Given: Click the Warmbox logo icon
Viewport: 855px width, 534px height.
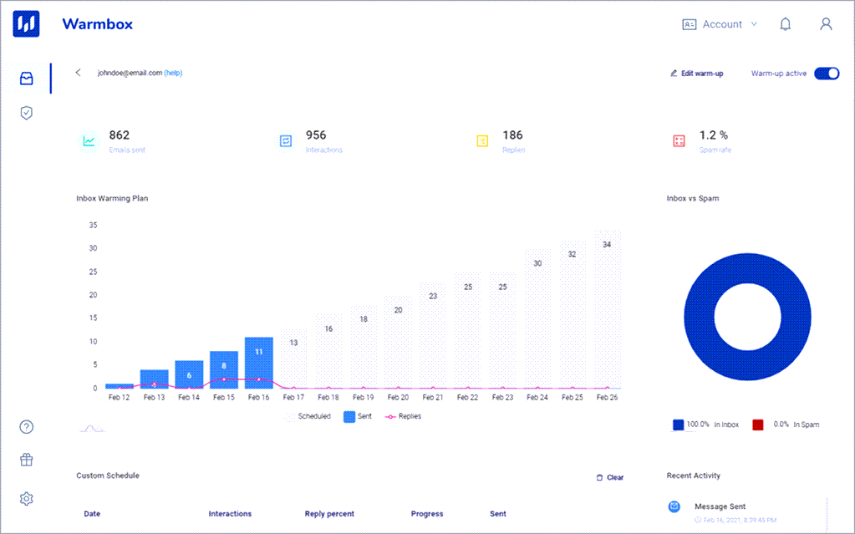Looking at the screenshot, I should point(27,24).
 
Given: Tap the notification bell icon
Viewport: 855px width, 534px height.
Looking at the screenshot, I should point(785,24).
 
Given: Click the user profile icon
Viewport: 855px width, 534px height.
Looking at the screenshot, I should point(826,24).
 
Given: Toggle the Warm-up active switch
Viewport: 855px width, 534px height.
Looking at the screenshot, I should point(827,74).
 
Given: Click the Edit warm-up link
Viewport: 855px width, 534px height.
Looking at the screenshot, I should point(697,74).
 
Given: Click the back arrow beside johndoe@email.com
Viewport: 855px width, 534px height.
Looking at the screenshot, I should point(79,73).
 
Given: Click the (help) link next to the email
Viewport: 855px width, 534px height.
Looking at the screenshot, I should point(173,73).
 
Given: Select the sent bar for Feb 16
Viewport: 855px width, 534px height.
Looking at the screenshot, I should point(259,363).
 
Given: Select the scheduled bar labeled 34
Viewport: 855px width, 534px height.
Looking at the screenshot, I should point(607,309).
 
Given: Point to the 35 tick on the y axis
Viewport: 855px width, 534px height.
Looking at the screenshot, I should point(93,225).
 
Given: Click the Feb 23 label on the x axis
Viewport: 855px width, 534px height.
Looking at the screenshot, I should point(502,398).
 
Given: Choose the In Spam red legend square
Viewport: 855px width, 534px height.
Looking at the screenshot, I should point(758,425).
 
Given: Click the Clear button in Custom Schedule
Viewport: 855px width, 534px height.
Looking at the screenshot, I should point(610,477).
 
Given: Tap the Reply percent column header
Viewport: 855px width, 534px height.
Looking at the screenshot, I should point(329,514).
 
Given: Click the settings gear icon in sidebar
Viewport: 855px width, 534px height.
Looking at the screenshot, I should point(27,499).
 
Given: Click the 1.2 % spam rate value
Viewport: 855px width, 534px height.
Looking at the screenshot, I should point(713,135).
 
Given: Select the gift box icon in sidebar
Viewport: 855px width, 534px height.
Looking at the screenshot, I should point(27,460).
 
